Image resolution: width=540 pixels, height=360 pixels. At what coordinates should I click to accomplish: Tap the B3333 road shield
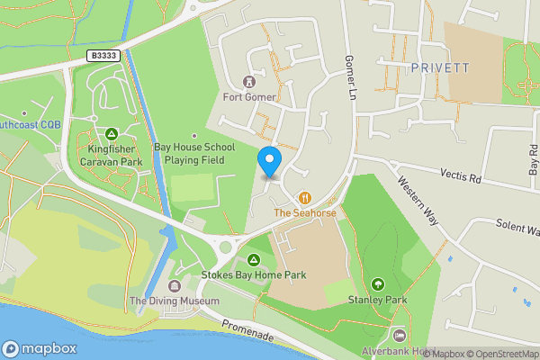pos(104,56)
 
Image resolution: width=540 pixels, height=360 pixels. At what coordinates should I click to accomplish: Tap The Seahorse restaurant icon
pos(305,197)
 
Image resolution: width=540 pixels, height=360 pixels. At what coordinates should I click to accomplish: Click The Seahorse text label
pos(304,213)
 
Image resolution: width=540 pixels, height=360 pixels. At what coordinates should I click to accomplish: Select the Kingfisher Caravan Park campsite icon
pos(112,133)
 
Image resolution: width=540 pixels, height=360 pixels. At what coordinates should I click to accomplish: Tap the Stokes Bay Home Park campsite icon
pos(254,260)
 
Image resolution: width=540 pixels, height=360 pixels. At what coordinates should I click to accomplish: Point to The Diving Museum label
pos(175,301)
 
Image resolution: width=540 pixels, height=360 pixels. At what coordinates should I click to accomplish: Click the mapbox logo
pos(40,348)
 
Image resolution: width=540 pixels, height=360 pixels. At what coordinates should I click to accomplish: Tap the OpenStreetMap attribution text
pos(499,354)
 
